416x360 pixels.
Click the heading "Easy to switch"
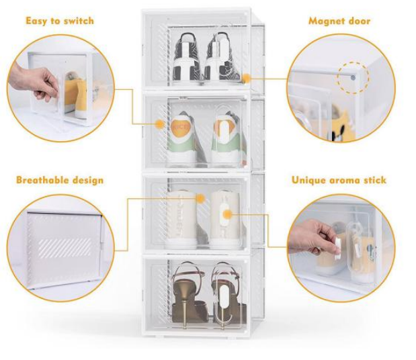(x=60, y=21)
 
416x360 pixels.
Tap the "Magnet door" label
(x=339, y=21)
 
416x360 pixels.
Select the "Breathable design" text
(x=60, y=180)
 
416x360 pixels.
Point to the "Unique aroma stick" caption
(x=339, y=180)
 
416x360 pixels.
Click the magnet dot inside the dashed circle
(x=353, y=78)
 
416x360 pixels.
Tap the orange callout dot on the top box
(x=247, y=79)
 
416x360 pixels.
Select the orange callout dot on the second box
(x=160, y=124)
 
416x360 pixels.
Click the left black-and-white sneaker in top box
(x=188, y=56)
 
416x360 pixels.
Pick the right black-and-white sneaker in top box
(x=222, y=56)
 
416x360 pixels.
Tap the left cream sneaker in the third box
(x=181, y=220)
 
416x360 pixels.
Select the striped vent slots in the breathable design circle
(x=65, y=248)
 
